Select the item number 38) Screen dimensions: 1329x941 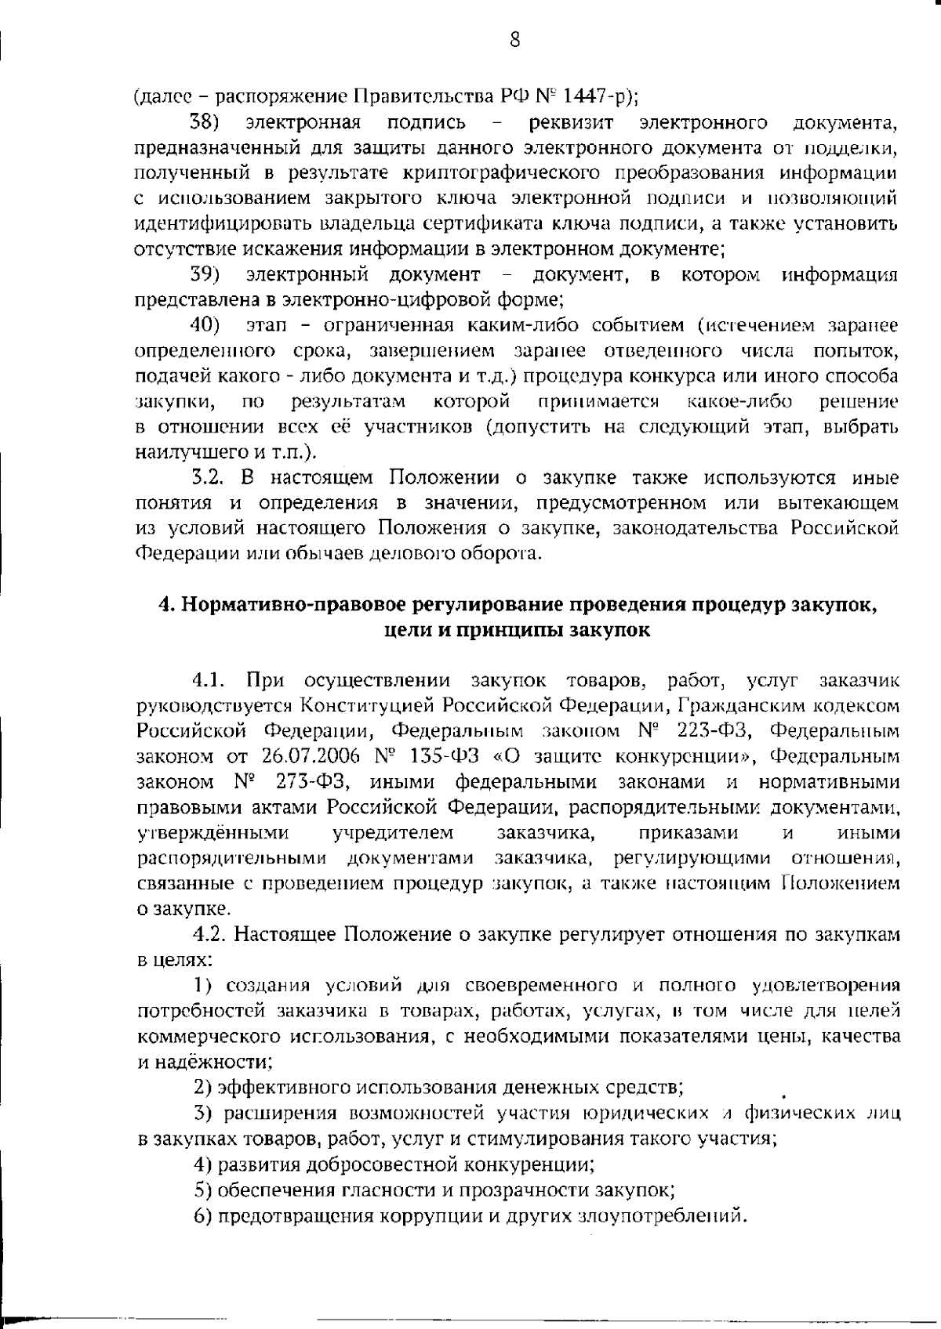206,123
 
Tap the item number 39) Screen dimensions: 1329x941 206,274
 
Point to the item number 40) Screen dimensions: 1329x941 206,325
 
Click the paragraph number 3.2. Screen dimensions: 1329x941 210,477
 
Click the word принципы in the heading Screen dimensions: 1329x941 492,630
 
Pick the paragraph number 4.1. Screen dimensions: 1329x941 212,679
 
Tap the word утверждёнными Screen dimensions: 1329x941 213,832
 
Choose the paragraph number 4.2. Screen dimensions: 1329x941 212,934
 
